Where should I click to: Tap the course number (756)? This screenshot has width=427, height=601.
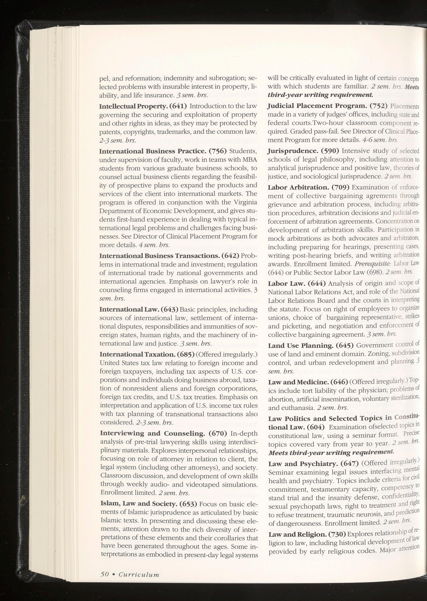(x=217, y=151)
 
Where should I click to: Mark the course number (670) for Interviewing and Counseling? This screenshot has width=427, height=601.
(x=217, y=433)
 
